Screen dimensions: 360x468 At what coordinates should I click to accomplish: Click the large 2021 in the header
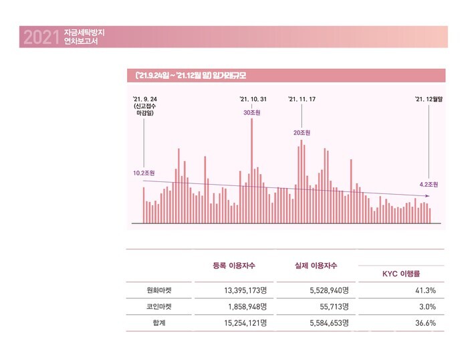coord(37,37)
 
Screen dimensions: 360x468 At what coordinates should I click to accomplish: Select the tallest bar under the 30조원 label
coord(251,167)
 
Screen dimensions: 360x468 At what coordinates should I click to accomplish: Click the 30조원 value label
coord(251,112)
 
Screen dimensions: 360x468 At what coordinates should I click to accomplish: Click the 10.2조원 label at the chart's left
coord(144,173)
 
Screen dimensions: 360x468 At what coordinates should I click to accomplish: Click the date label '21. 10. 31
coord(253,99)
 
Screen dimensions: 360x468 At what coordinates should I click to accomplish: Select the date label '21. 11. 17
coord(302,99)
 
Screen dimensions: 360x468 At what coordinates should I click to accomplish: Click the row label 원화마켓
coord(159,290)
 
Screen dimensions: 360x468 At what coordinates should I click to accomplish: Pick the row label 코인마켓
coord(159,306)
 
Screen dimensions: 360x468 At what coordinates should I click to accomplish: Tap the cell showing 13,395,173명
coord(239,290)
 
